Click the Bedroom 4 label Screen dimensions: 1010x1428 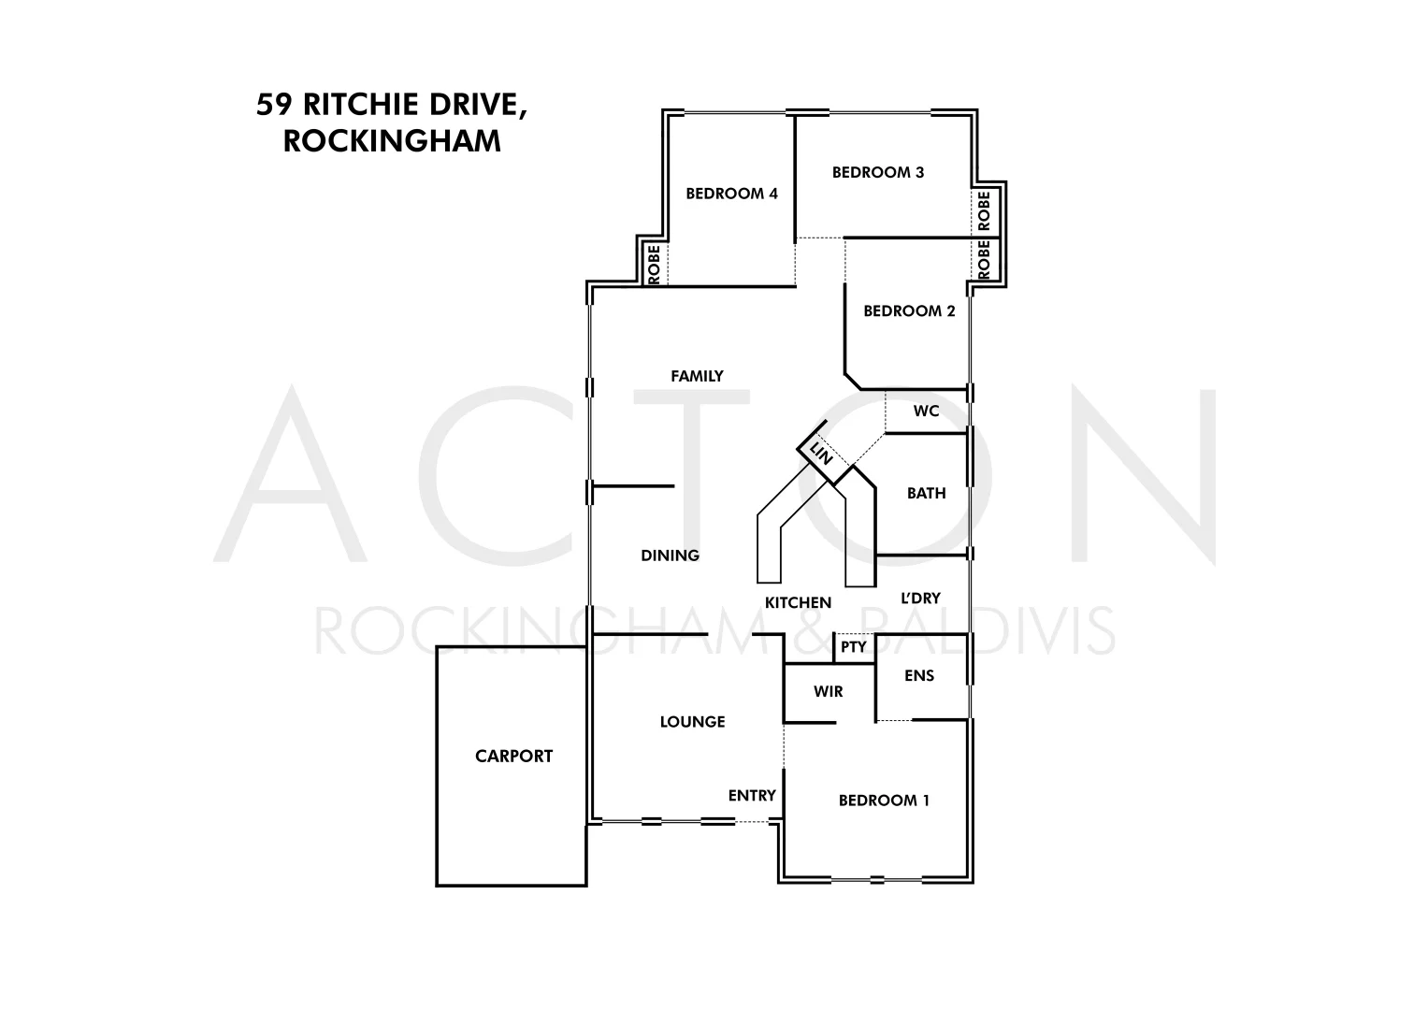click(731, 194)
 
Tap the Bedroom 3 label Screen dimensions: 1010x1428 click(878, 172)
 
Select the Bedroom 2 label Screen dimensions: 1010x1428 click(909, 310)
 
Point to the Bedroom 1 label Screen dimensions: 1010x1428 click(884, 800)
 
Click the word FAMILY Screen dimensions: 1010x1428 click(697, 376)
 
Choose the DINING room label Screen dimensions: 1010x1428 click(670, 555)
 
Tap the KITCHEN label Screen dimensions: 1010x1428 click(798, 603)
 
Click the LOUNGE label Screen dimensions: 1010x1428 click(692, 721)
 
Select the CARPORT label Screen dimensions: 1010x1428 click(513, 756)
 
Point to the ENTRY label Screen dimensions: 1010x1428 click(752, 795)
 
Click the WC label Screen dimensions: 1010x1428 click(926, 411)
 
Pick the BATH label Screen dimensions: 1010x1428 click(926, 493)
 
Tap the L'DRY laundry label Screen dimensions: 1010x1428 click(920, 598)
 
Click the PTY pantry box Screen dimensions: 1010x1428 click(853, 647)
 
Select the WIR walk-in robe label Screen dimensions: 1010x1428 click(828, 691)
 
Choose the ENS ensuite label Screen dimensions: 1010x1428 click(919, 675)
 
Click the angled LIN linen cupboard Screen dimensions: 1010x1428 click(821, 456)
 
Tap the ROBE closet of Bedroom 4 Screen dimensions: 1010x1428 click(654, 264)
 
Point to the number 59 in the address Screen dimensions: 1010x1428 click(272, 104)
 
